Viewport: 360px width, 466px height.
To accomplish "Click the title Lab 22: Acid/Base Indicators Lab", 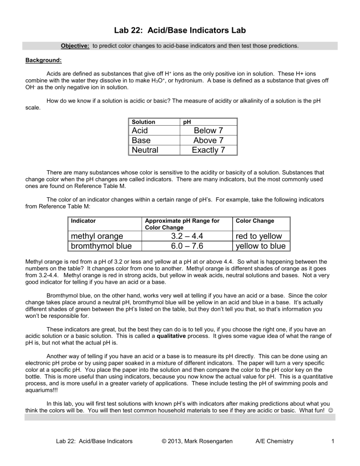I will [x=180, y=30].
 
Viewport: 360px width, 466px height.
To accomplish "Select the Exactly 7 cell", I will [x=208, y=150].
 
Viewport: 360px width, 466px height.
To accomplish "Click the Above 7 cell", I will [x=208, y=140].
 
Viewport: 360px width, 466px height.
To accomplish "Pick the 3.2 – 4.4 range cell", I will [x=180, y=236].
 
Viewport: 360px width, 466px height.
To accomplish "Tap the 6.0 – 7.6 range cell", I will [x=180, y=246].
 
